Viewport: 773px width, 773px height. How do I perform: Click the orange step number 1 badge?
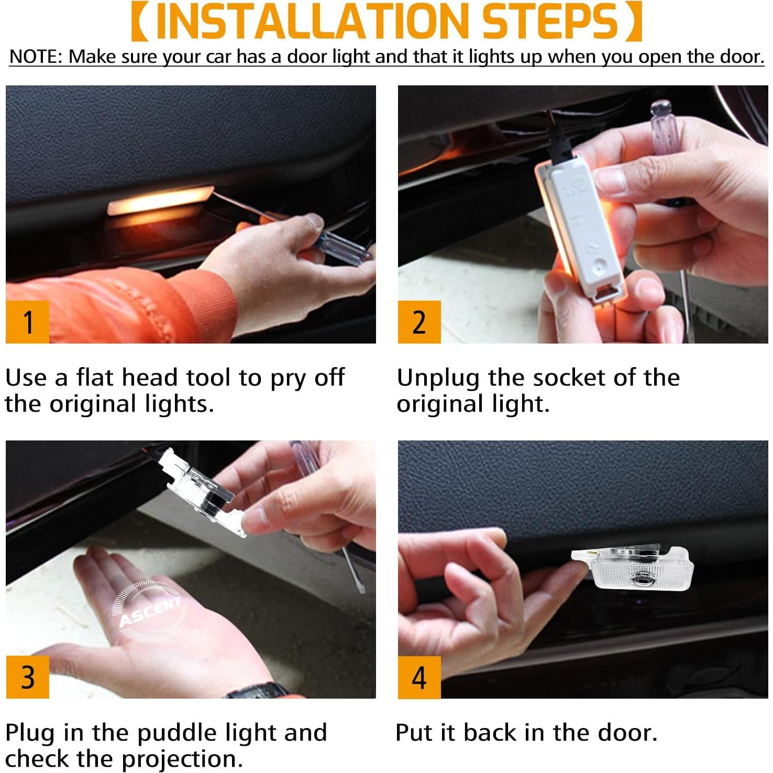click(x=27, y=322)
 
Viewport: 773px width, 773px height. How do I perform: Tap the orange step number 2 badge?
click(x=419, y=322)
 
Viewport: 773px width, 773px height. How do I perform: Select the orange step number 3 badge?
click(x=27, y=677)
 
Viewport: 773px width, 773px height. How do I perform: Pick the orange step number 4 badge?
click(x=419, y=677)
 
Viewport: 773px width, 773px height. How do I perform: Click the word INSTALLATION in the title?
click(x=312, y=22)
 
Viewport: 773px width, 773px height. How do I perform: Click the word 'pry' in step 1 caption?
click(x=287, y=379)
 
